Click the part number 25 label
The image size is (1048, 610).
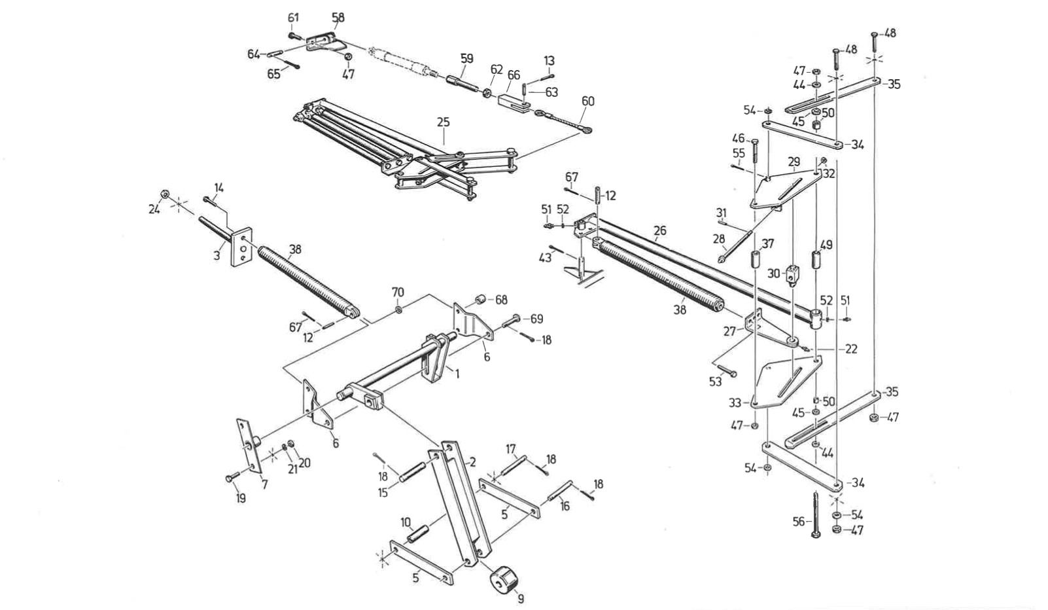(x=444, y=122)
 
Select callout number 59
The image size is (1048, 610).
(x=466, y=59)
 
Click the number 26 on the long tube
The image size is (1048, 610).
(x=659, y=231)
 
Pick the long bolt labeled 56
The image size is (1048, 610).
(x=816, y=514)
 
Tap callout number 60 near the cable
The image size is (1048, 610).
(x=588, y=101)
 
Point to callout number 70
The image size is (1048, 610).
(x=398, y=292)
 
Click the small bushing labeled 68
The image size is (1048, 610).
(x=480, y=300)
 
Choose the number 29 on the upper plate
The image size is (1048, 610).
(x=794, y=162)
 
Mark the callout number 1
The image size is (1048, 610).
(x=457, y=374)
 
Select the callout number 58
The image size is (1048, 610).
(x=338, y=18)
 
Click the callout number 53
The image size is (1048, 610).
(x=715, y=382)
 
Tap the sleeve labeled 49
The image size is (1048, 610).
(x=816, y=260)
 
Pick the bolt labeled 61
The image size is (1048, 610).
(x=294, y=35)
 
